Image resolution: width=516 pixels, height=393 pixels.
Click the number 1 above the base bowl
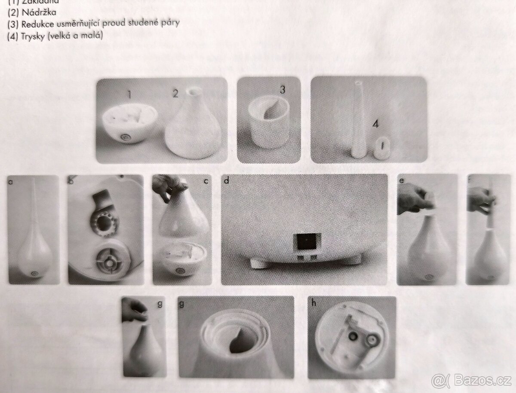tap(128, 94)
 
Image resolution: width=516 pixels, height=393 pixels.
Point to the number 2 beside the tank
tap(175, 94)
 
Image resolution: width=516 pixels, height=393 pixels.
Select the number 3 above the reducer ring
tap(283, 89)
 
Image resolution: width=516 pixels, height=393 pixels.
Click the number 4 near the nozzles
tap(375, 125)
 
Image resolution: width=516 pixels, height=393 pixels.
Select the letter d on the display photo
tap(227, 181)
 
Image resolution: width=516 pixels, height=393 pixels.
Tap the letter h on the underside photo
tap(314, 302)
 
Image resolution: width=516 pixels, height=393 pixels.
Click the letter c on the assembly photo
tap(206, 181)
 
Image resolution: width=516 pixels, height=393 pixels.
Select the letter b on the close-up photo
tap(71, 181)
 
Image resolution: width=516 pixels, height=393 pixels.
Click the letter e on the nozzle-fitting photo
tap(402, 181)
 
